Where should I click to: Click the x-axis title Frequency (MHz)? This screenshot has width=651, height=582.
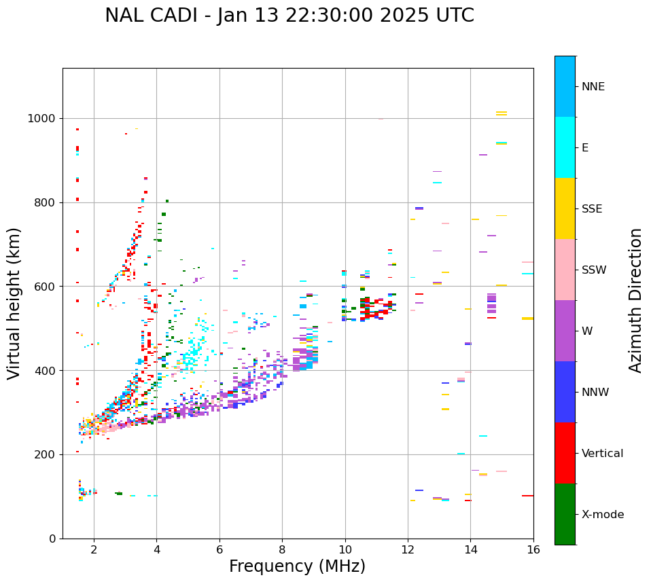297,566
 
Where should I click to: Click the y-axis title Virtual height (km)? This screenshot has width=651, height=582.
14,304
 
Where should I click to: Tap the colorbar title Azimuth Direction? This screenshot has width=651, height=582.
635,300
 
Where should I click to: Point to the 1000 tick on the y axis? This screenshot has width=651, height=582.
44,118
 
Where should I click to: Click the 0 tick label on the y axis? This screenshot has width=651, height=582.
52,539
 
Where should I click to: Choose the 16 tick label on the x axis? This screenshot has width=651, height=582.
533,549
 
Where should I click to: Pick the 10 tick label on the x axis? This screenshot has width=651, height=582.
345,549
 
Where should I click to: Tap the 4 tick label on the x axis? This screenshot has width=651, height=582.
156,549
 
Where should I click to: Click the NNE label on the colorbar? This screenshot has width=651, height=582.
593,87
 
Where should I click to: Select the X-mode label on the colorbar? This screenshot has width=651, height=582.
603,515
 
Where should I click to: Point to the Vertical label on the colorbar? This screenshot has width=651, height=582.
602,454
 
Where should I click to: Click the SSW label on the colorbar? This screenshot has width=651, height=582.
594,270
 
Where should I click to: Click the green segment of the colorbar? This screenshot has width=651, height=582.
565,514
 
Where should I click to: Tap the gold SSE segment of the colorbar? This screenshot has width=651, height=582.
565,208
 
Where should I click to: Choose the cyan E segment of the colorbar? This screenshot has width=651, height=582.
565,147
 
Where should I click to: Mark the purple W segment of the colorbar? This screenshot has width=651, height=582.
565,331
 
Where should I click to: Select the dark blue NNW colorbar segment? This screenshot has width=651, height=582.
565,392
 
